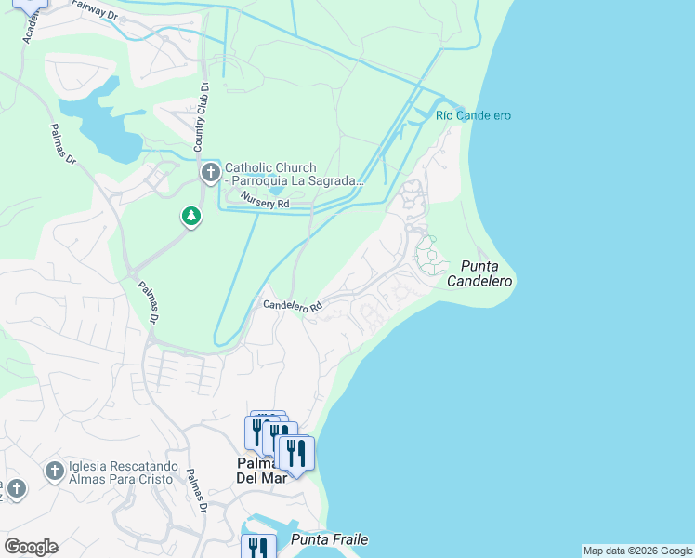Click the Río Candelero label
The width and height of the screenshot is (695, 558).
473,115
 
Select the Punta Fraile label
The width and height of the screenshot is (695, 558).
330,539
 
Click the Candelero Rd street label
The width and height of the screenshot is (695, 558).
292,305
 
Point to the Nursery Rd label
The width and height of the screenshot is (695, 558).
265,199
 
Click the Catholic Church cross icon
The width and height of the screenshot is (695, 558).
211,173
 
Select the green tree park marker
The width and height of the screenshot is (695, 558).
191,217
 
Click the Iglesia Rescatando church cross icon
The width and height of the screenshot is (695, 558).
54,471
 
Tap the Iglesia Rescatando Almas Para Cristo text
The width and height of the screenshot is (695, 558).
121,472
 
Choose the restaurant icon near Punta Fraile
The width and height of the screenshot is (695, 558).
257,548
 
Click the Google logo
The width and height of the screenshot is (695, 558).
31,547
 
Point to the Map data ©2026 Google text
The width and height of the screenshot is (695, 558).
637,551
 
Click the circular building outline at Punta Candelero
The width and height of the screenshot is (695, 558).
428,256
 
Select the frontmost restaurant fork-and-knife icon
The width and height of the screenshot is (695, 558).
296,453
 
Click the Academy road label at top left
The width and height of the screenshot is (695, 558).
28,28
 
